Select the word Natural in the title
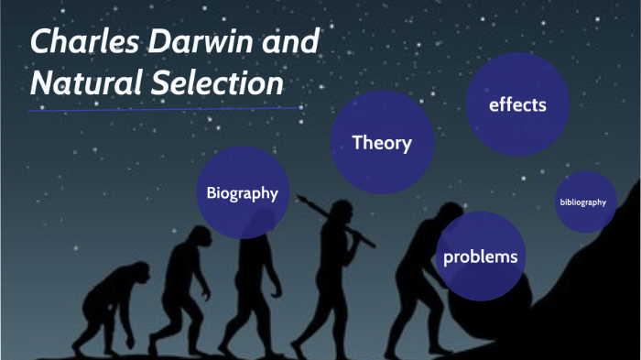coord(77,84)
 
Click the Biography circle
coord(242,192)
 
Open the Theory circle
coord(381,143)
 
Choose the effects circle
coord(517,104)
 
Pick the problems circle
coord(480,256)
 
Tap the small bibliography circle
coord(582,202)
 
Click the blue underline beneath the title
coord(165,109)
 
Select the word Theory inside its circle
coord(381,143)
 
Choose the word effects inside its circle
coord(517,104)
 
